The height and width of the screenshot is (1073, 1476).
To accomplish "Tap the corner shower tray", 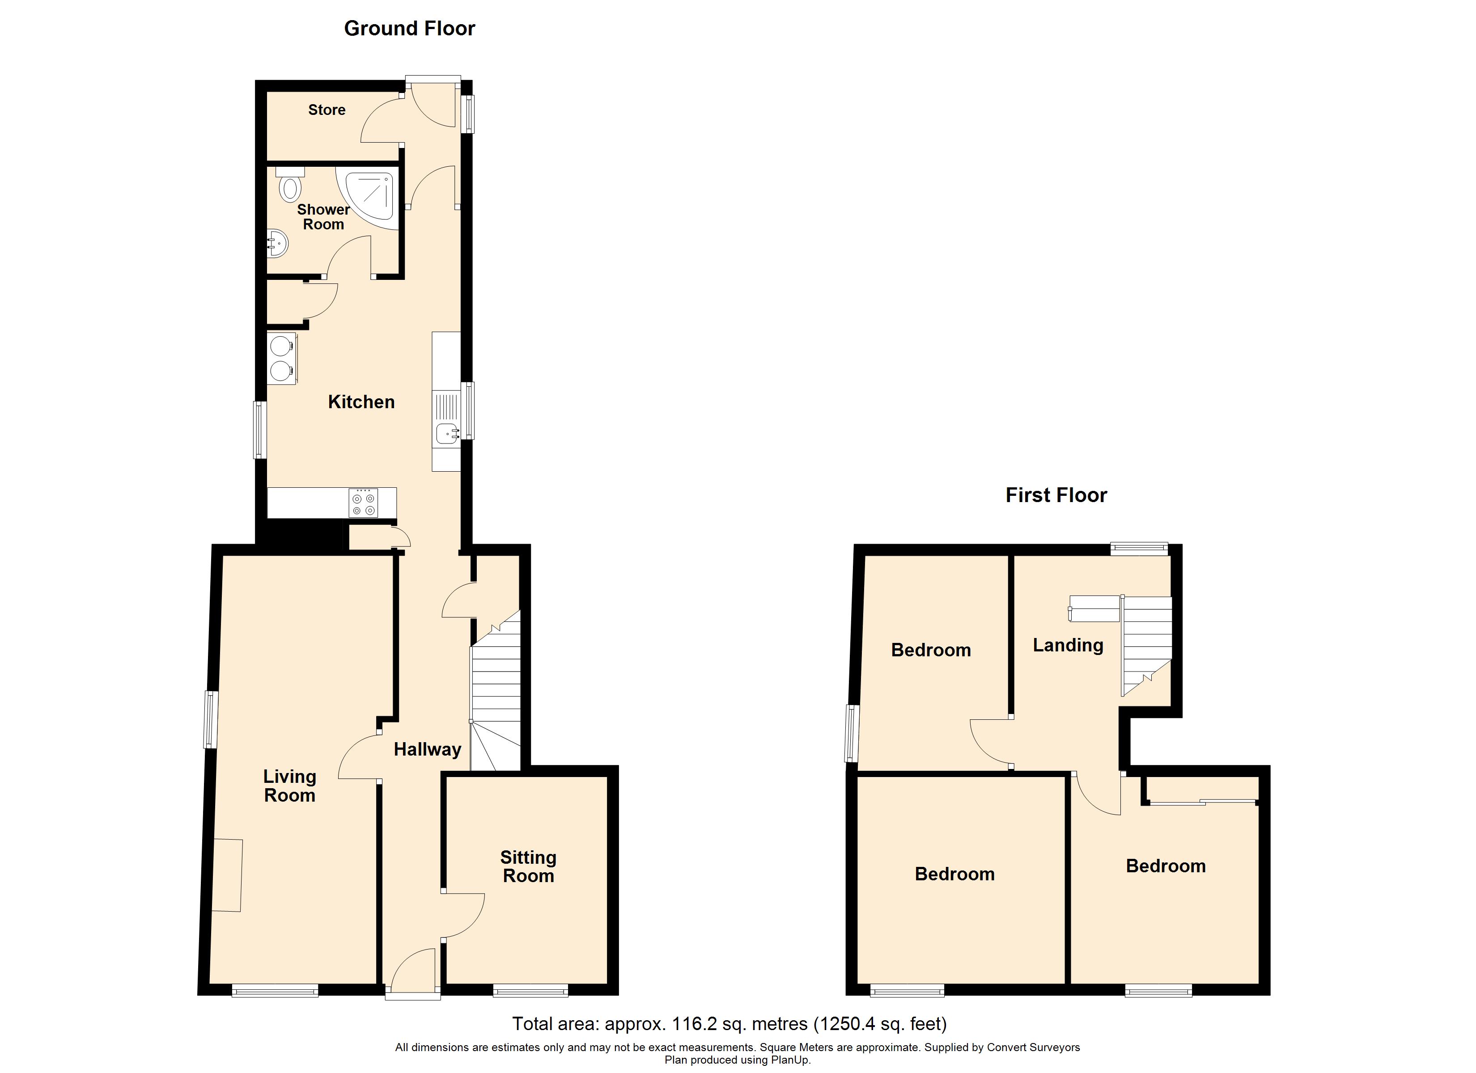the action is pyautogui.click(x=371, y=195).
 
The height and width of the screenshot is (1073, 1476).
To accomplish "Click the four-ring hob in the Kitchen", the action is pyautogui.click(x=363, y=503).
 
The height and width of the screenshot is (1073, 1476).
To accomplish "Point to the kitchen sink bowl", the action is pyautogui.click(x=447, y=432).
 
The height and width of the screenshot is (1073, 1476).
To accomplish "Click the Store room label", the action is pyautogui.click(x=327, y=110).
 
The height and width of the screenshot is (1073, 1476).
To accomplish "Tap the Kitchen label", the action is pyautogui.click(x=361, y=401).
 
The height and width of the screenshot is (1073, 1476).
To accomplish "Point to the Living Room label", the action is pyautogui.click(x=289, y=786).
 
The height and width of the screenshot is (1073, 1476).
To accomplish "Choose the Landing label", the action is pyautogui.click(x=1068, y=646).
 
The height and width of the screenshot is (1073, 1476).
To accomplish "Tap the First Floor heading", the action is pyautogui.click(x=1056, y=495).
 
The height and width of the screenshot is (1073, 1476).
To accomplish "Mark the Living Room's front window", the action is pyautogui.click(x=275, y=991).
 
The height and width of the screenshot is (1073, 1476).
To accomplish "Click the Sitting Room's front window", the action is pyautogui.click(x=530, y=991).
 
